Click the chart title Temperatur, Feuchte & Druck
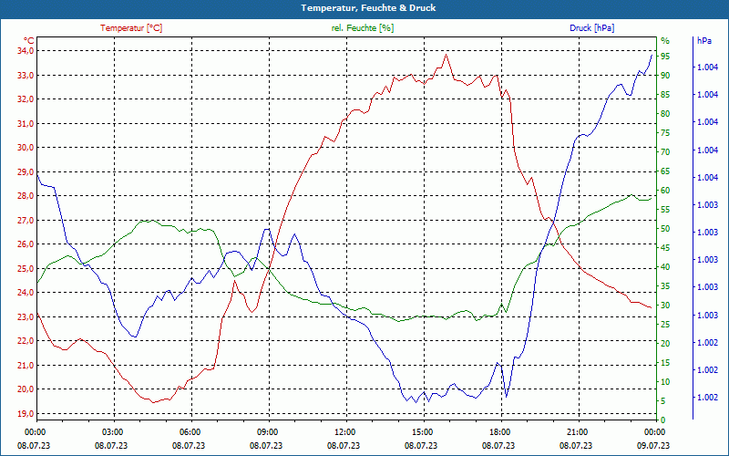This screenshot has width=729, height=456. click(x=364, y=8)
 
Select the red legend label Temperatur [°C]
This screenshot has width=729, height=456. click(x=131, y=28)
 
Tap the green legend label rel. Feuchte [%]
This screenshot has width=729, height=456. click(x=363, y=28)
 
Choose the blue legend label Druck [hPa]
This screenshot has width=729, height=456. click(x=592, y=28)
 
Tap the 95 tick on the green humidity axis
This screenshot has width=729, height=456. click(x=665, y=57)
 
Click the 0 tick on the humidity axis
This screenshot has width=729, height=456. click(x=662, y=420)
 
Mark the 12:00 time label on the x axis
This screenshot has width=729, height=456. click(x=345, y=431)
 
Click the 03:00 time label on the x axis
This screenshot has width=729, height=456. click(x=113, y=431)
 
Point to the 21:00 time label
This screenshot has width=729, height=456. click(x=578, y=431)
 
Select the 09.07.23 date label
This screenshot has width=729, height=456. click(x=654, y=445)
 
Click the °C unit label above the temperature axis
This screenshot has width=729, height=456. click(x=29, y=40)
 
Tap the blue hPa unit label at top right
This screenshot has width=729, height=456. click(x=703, y=41)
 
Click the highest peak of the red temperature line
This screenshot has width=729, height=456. click(x=447, y=55)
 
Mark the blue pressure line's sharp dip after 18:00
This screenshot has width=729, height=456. click(x=506, y=398)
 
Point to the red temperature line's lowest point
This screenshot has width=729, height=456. click(x=154, y=402)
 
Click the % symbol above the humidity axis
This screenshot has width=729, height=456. click(x=664, y=41)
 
